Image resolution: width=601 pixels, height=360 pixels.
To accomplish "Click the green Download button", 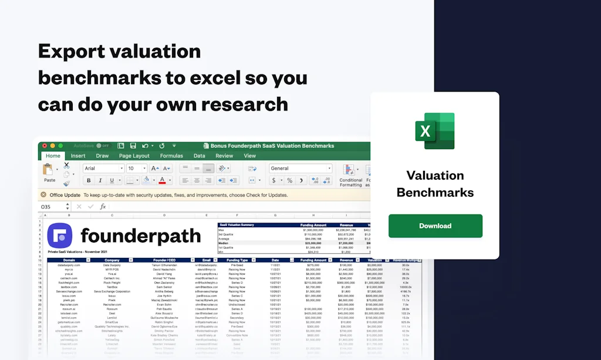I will point(435,226).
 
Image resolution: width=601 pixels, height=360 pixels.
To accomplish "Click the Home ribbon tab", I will point(53,156).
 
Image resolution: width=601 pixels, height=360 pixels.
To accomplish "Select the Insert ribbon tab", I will point(78,156).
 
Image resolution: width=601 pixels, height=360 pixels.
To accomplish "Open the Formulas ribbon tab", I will point(171,156).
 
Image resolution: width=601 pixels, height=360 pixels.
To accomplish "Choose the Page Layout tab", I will point(134,156).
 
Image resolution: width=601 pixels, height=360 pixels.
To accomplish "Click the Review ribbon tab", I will point(224,156).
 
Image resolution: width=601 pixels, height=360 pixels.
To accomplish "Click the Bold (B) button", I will point(100,181).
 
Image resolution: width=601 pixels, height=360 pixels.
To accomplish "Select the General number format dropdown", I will point(299,169).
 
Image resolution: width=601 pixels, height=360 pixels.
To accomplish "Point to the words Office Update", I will point(65,194).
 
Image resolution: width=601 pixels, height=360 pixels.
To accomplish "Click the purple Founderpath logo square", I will point(59,236).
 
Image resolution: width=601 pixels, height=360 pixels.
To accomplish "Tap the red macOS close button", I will point(43,146).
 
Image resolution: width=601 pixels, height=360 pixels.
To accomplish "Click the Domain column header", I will point(69,260).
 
